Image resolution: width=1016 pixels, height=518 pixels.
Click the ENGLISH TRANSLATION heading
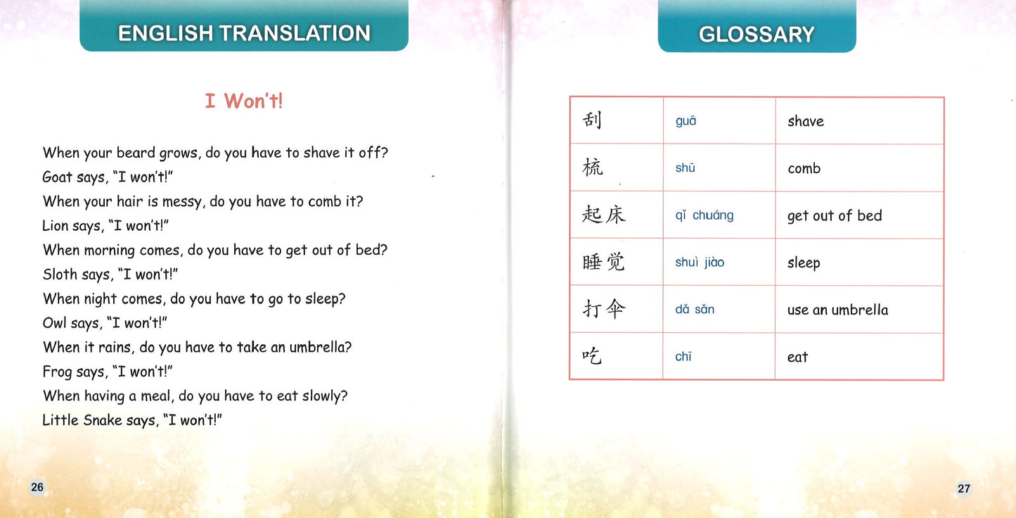[x=244, y=33]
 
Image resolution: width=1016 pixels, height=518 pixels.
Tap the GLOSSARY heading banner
[x=757, y=34]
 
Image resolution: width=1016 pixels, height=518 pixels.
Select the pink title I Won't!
[x=244, y=101]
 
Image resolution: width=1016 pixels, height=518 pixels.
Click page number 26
[x=37, y=487]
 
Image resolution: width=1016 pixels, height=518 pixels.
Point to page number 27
[x=963, y=488]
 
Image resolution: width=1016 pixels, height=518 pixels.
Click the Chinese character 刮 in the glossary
[x=592, y=120]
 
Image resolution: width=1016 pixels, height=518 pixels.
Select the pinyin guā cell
[x=686, y=121]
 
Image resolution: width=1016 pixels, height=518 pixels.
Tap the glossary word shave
[x=805, y=121]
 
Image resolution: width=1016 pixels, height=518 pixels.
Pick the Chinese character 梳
[x=593, y=168]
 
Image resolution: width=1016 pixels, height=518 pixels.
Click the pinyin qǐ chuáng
[x=704, y=215]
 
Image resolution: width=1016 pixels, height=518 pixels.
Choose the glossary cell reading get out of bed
[x=834, y=216]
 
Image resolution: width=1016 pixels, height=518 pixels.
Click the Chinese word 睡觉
[x=603, y=262]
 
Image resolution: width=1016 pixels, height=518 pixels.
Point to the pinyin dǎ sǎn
[x=694, y=309]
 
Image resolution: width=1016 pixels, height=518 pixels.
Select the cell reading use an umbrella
[x=837, y=310]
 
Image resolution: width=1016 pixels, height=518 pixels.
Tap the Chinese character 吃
[x=592, y=356]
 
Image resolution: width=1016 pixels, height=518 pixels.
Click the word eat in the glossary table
[x=797, y=357]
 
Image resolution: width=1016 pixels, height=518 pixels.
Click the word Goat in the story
[x=57, y=177]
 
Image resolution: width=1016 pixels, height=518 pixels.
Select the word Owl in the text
[x=56, y=323]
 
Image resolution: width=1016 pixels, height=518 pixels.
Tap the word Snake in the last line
[x=103, y=420]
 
